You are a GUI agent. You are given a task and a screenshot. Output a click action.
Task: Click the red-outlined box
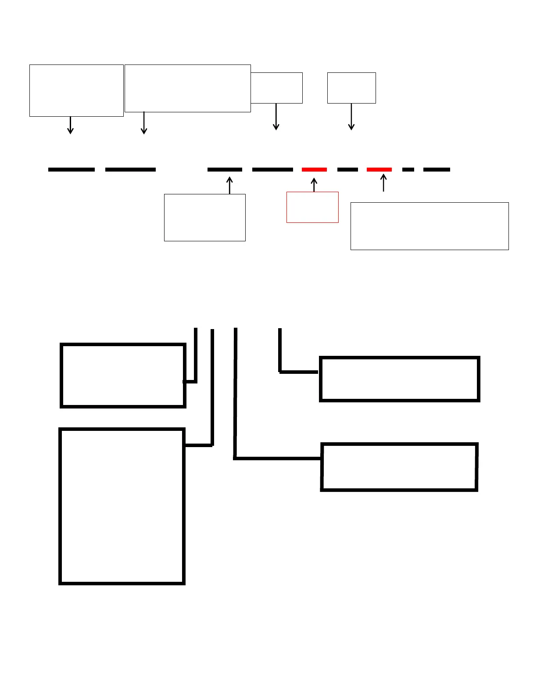click(x=312, y=207)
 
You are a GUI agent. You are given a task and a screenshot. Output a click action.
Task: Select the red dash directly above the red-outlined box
click(x=314, y=169)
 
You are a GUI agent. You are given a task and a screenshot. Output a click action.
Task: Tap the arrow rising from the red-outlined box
click(x=314, y=185)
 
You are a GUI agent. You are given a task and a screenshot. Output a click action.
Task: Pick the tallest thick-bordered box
click(x=122, y=506)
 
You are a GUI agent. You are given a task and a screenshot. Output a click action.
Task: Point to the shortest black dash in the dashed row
click(x=408, y=169)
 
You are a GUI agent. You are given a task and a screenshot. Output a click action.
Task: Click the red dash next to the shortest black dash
click(x=379, y=169)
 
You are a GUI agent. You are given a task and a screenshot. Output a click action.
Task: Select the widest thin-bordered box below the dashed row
click(x=430, y=226)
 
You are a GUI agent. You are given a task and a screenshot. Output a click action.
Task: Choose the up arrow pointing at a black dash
click(x=229, y=185)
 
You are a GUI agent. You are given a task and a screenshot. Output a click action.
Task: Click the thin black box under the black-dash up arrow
click(x=204, y=218)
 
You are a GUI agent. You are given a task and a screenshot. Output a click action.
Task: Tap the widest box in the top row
click(x=188, y=88)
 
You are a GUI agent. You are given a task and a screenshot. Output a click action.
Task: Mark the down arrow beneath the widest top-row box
click(x=144, y=123)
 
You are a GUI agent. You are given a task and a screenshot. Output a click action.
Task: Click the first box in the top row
click(x=76, y=90)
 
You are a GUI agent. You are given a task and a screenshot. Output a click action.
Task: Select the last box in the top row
click(x=351, y=88)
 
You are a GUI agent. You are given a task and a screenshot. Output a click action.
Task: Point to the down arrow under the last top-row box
click(x=351, y=117)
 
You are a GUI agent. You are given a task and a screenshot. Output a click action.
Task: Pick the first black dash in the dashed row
click(x=72, y=169)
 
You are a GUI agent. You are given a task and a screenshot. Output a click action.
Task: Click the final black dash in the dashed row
click(x=437, y=169)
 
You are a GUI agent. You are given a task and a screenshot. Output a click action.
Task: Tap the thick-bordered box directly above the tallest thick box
click(x=123, y=376)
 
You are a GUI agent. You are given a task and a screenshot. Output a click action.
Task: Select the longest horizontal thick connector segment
click(x=278, y=458)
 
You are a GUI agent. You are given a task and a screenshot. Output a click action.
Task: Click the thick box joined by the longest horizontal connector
click(x=399, y=467)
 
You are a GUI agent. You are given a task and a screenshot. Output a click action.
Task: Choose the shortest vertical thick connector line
click(x=280, y=350)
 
